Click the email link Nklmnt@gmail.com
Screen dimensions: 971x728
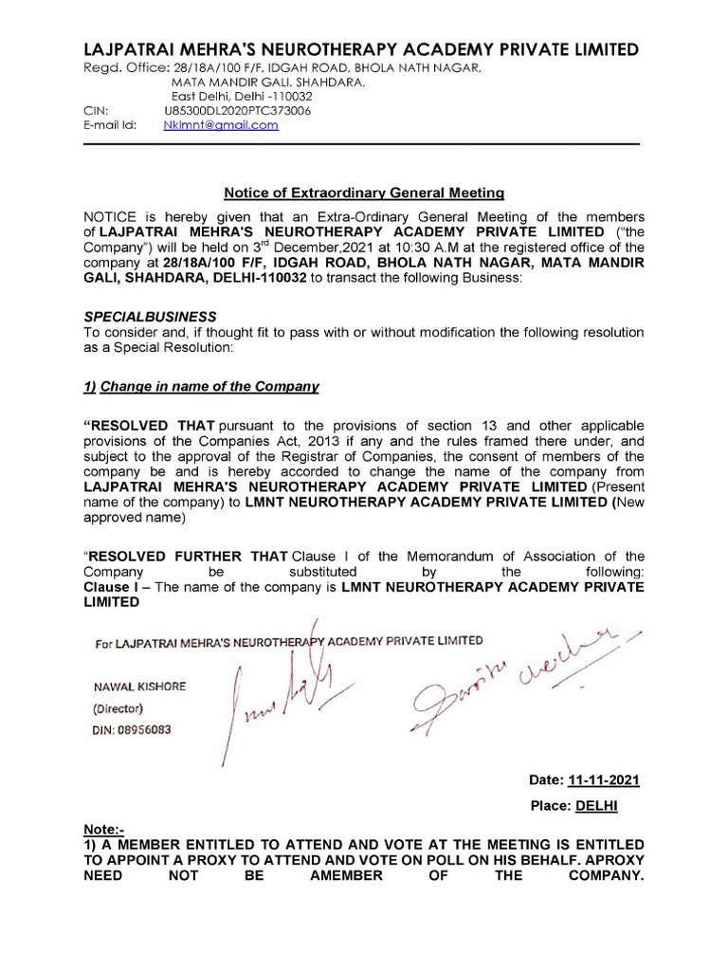221,125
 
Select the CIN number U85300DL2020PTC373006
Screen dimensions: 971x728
238,111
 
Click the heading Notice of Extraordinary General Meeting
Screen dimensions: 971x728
364,192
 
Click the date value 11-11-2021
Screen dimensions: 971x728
604,780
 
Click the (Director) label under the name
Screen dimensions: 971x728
118,708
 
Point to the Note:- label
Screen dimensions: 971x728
103,829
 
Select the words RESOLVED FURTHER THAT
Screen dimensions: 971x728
187,557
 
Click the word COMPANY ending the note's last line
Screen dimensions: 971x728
605,877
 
